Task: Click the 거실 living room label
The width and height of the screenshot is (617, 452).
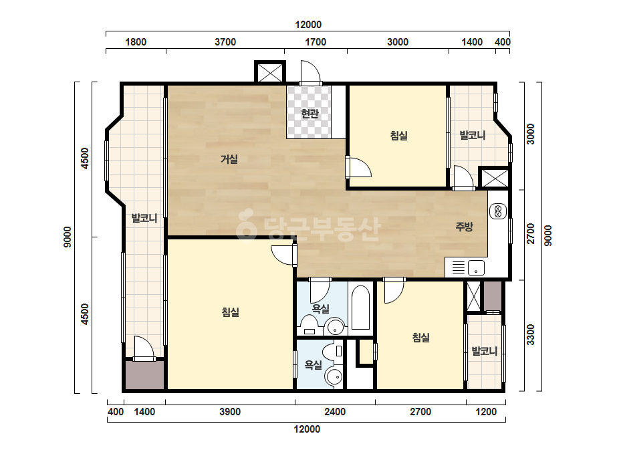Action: [x=229, y=159]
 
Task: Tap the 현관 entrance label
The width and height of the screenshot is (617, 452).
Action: [x=310, y=114]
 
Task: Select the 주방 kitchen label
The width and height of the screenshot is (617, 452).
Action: [x=464, y=227]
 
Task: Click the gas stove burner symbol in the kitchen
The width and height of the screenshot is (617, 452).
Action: [x=498, y=211]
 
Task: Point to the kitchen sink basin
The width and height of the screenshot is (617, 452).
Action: [x=476, y=268]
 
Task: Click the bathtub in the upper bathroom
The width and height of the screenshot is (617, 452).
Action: [x=360, y=308]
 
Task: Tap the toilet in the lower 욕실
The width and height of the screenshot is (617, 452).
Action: [x=333, y=351]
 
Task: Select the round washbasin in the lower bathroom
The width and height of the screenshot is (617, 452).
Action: [x=334, y=378]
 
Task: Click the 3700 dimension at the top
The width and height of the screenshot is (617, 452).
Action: [x=225, y=42]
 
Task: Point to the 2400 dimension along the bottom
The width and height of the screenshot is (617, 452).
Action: [x=335, y=412]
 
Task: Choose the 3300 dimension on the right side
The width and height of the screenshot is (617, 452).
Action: [x=531, y=335]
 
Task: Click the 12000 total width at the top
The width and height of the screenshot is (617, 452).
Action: [x=308, y=25]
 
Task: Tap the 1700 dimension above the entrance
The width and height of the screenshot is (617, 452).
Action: [x=316, y=42]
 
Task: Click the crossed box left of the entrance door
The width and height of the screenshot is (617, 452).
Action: [x=270, y=72]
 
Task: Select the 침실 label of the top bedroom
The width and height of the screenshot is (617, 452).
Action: [x=398, y=136]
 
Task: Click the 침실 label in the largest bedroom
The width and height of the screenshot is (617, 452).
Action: [x=231, y=312]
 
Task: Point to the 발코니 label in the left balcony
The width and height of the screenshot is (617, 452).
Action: [x=144, y=218]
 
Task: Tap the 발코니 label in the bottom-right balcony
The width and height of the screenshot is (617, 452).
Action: [x=485, y=351]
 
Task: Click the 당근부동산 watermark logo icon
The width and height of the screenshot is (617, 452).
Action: [x=247, y=223]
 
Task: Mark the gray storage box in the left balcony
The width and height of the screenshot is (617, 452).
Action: [x=144, y=375]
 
